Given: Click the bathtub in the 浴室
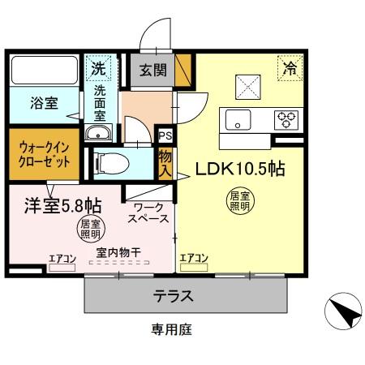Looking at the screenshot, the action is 45,71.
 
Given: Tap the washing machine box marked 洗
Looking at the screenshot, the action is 98,68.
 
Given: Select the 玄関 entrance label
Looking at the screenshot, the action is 152,71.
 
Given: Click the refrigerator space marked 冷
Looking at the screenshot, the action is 290,68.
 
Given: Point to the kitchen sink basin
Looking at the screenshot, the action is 238,120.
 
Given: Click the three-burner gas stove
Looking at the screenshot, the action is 286,120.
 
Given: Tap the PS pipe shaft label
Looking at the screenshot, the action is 165,135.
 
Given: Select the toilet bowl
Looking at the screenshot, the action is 111,163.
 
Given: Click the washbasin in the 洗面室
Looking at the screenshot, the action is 98,133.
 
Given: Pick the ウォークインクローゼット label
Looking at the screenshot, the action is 44,154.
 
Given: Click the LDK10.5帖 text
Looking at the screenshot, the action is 240,169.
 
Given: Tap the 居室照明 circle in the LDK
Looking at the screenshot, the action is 240,201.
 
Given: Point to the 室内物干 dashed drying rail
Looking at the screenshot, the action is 119,262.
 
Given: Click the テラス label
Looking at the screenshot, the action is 173,296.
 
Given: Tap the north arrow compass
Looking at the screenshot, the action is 343,311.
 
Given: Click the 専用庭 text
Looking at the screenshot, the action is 172,329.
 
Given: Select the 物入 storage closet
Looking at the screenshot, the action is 165,164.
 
